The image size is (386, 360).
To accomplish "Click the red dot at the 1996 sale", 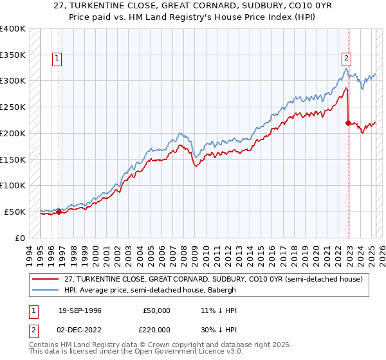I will click(x=59, y=212).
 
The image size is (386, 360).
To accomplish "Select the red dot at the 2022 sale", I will click(x=349, y=122).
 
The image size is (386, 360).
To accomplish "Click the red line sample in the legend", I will click(x=46, y=279).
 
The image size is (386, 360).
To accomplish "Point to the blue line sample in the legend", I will click(x=46, y=290).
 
